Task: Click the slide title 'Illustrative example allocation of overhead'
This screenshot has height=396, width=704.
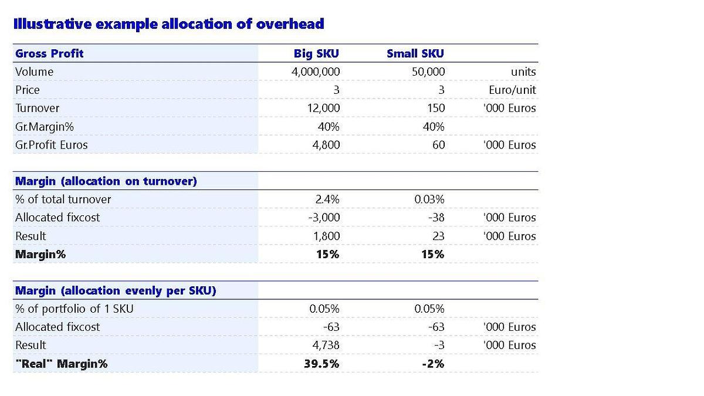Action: [x=168, y=24]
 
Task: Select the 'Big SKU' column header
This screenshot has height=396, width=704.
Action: [x=316, y=54]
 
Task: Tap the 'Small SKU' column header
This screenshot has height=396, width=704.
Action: [x=415, y=54]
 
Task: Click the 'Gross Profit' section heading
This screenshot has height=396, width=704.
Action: [x=49, y=54]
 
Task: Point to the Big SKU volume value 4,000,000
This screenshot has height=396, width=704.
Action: [x=316, y=72]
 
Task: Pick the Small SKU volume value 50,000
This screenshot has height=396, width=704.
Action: [x=428, y=72]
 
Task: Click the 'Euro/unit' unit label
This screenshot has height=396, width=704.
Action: [x=512, y=90]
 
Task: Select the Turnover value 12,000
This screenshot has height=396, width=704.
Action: [x=323, y=109]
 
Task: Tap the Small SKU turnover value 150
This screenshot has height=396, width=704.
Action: [x=436, y=109]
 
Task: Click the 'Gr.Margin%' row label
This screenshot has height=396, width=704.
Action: [x=45, y=127]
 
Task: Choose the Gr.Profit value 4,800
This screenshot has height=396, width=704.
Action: [x=326, y=145]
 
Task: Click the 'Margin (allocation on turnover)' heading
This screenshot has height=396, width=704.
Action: [x=106, y=181]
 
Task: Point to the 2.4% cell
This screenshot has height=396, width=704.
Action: [x=327, y=199]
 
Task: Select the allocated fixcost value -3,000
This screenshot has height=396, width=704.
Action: [x=324, y=218]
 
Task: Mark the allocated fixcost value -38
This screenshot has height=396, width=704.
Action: [x=436, y=218]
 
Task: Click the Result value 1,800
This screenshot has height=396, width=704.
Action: [x=327, y=236]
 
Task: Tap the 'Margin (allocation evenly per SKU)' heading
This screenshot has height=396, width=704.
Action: [x=116, y=291]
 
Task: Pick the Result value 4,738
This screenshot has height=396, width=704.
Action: [x=326, y=346]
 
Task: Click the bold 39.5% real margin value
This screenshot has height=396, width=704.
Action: [x=321, y=364]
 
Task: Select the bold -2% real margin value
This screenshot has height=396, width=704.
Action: [x=433, y=364]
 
